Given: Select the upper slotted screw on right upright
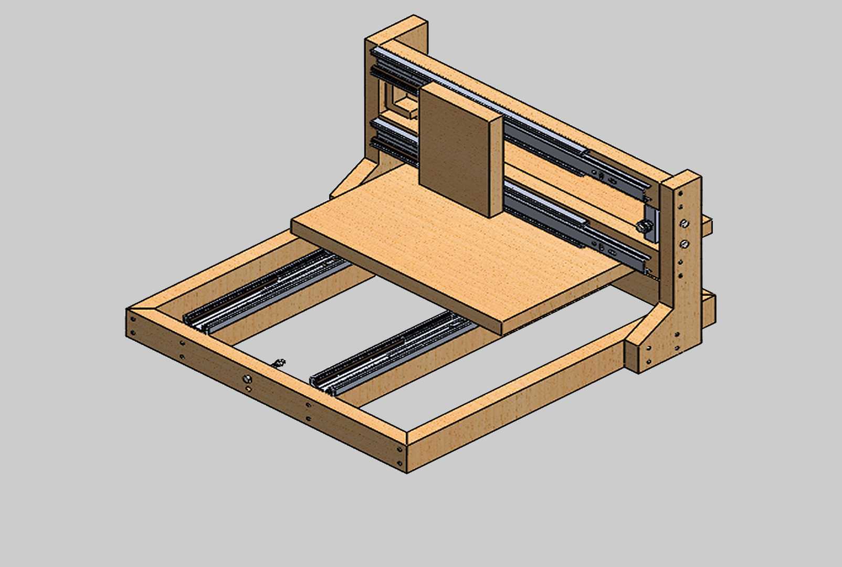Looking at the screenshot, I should tap(685, 224).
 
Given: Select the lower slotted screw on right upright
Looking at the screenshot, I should tap(685, 244).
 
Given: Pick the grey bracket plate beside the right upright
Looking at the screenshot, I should tap(651, 223).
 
